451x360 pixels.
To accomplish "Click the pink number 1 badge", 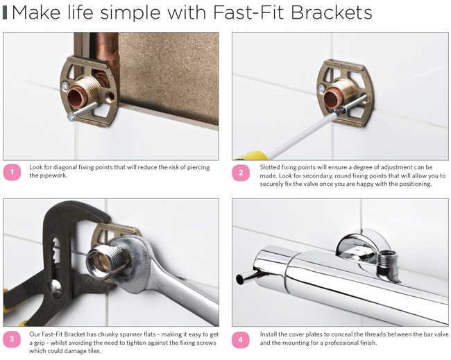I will (x=12, y=172).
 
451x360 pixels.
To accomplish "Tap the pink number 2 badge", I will (x=241, y=172).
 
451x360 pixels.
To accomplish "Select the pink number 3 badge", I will (x=12, y=339).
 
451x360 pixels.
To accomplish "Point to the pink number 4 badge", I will (x=241, y=339).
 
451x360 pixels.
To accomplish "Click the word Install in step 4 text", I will (x=270, y=335).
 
